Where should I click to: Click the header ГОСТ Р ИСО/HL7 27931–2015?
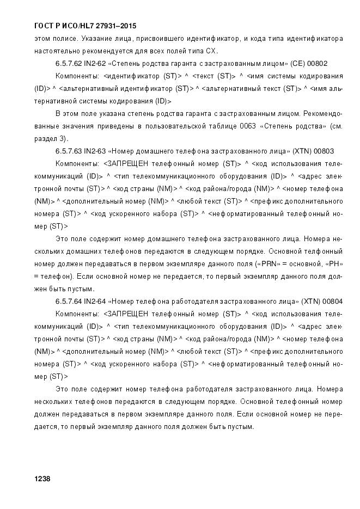(85, 26)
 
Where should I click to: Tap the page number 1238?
(42, 479)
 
